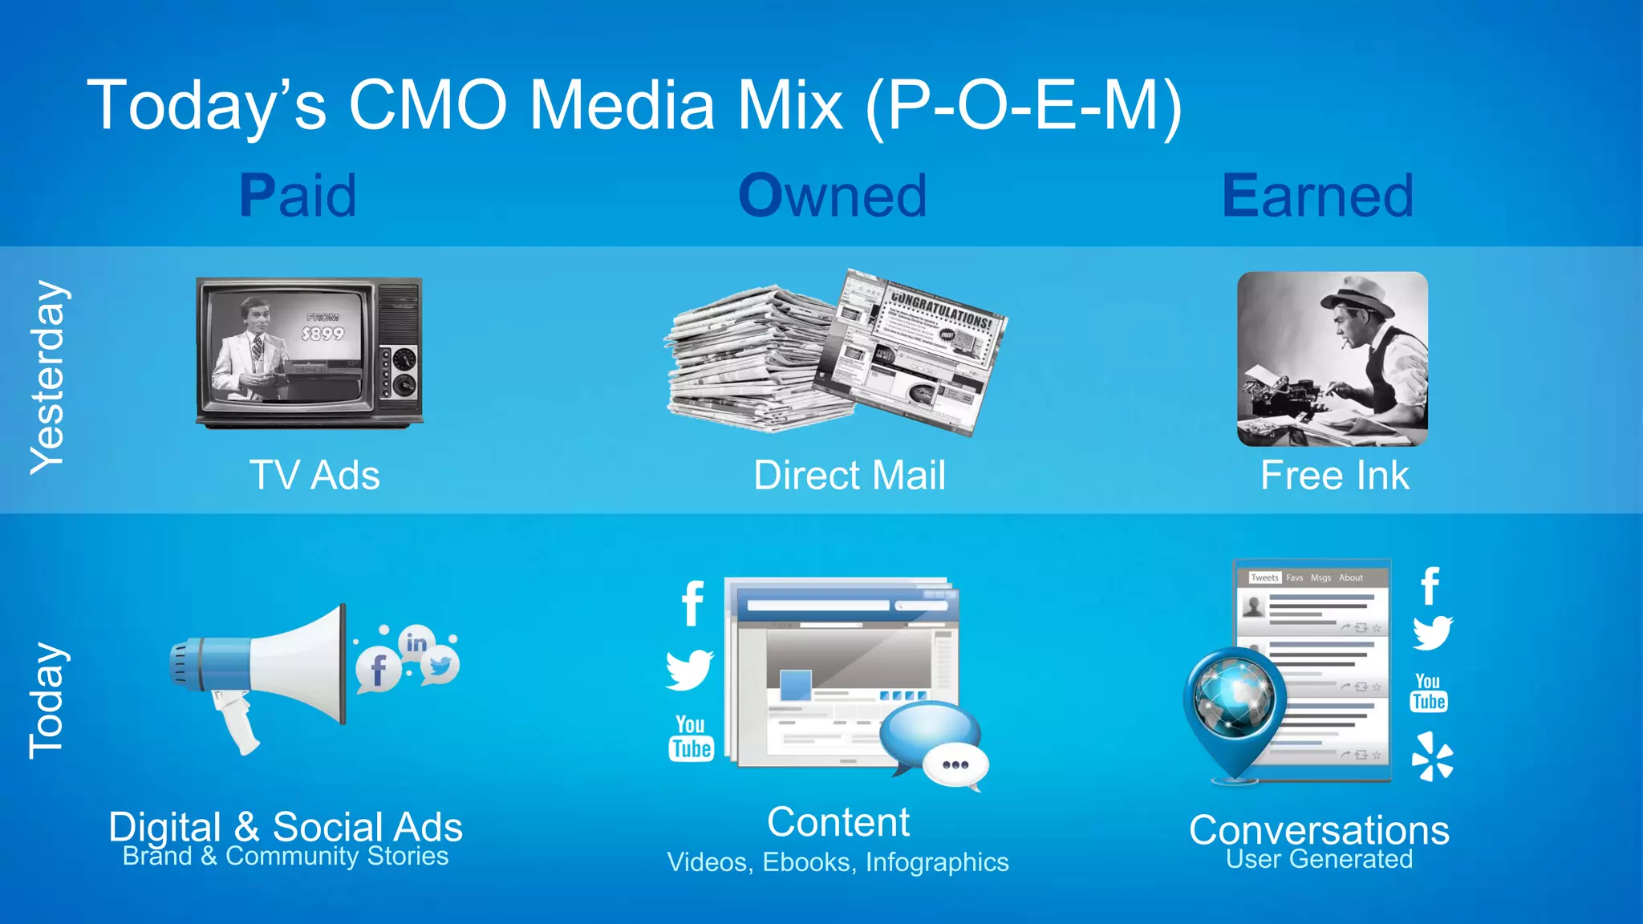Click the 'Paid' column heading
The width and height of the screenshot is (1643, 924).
click(298, 196)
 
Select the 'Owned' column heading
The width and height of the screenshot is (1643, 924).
click(832, 196)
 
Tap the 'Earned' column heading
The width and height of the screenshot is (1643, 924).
click(1317, 196)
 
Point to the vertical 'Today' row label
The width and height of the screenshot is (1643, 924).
click(47, 700)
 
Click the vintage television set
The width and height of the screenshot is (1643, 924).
click(310, 351)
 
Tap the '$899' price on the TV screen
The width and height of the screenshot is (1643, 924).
click(323, 334)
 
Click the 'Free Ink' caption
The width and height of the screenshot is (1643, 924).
click(1334, 476)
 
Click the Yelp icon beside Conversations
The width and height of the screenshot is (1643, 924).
click(1432, 756)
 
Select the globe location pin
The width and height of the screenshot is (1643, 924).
click(1234, 706)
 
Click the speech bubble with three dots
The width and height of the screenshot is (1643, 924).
click(955, 764)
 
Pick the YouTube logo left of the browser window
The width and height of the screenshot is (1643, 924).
click(691, 738)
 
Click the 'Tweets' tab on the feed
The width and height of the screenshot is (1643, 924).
click(1264, 577)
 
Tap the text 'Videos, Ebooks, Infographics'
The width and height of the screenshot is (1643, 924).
click(838, 862)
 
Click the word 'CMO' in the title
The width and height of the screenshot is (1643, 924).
click(428, 105)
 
